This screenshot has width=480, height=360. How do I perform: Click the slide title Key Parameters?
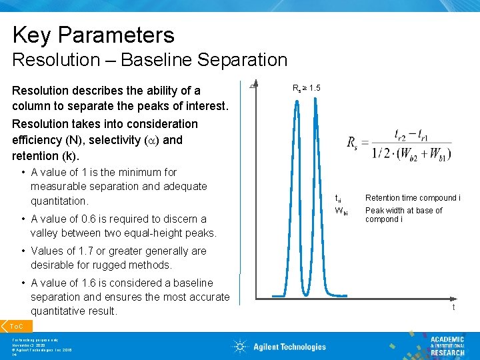click(x=93, y=35)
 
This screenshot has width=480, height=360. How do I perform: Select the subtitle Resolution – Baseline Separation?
click(x=149, y=60)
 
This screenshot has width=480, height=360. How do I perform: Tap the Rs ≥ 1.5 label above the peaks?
click(x=307, y=88)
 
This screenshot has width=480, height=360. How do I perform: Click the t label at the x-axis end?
click(x=454, y=307)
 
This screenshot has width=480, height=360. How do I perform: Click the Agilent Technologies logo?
click(x=279, y=346)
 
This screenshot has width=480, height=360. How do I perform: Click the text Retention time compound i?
click(x=412, y=198)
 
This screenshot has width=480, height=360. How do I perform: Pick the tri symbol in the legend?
click(x=339, y=198)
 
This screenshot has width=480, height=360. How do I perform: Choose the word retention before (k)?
click(x=36, y=156)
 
